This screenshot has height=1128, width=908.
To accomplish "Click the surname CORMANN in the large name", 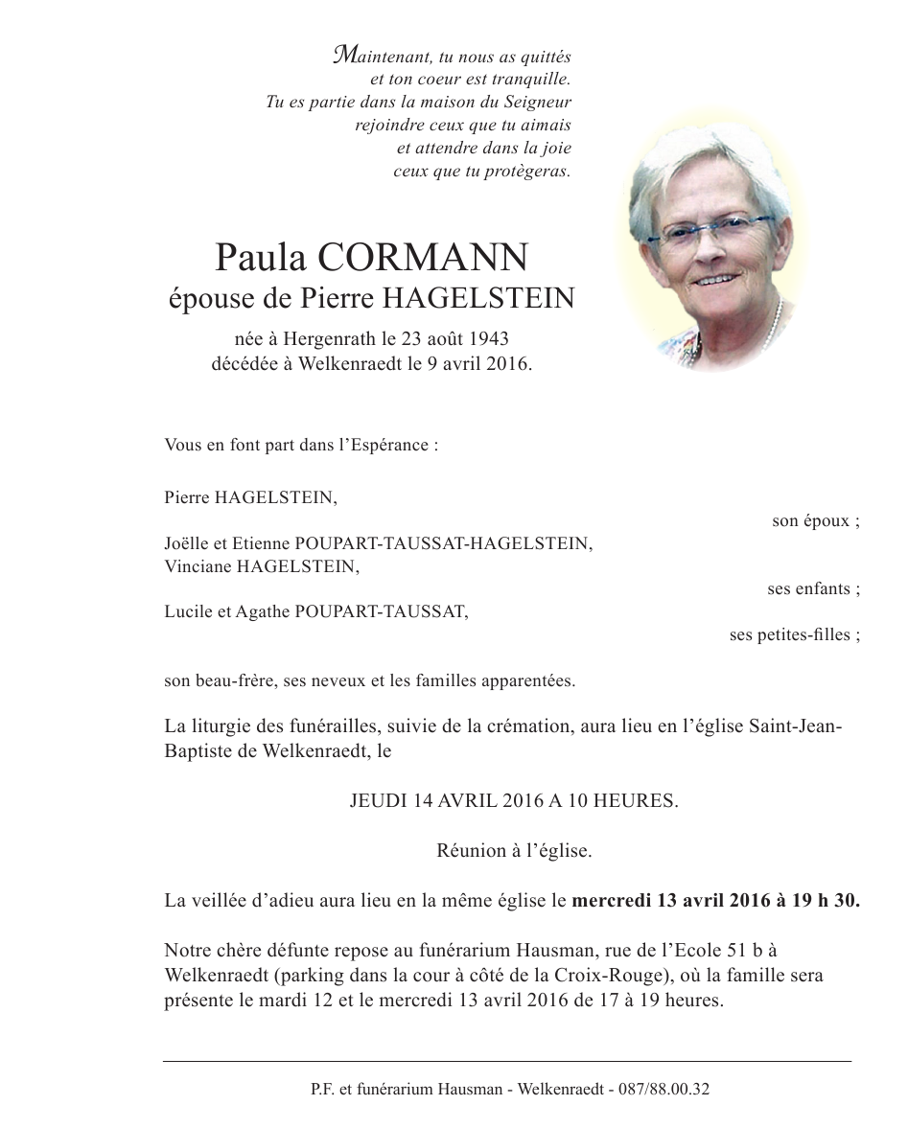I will [x=422, y=258].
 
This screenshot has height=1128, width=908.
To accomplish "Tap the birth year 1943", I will [x=487, y=338].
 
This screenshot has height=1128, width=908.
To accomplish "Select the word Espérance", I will [x=391, y=446].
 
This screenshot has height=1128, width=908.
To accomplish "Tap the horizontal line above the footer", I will [x=507, y=1061].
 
